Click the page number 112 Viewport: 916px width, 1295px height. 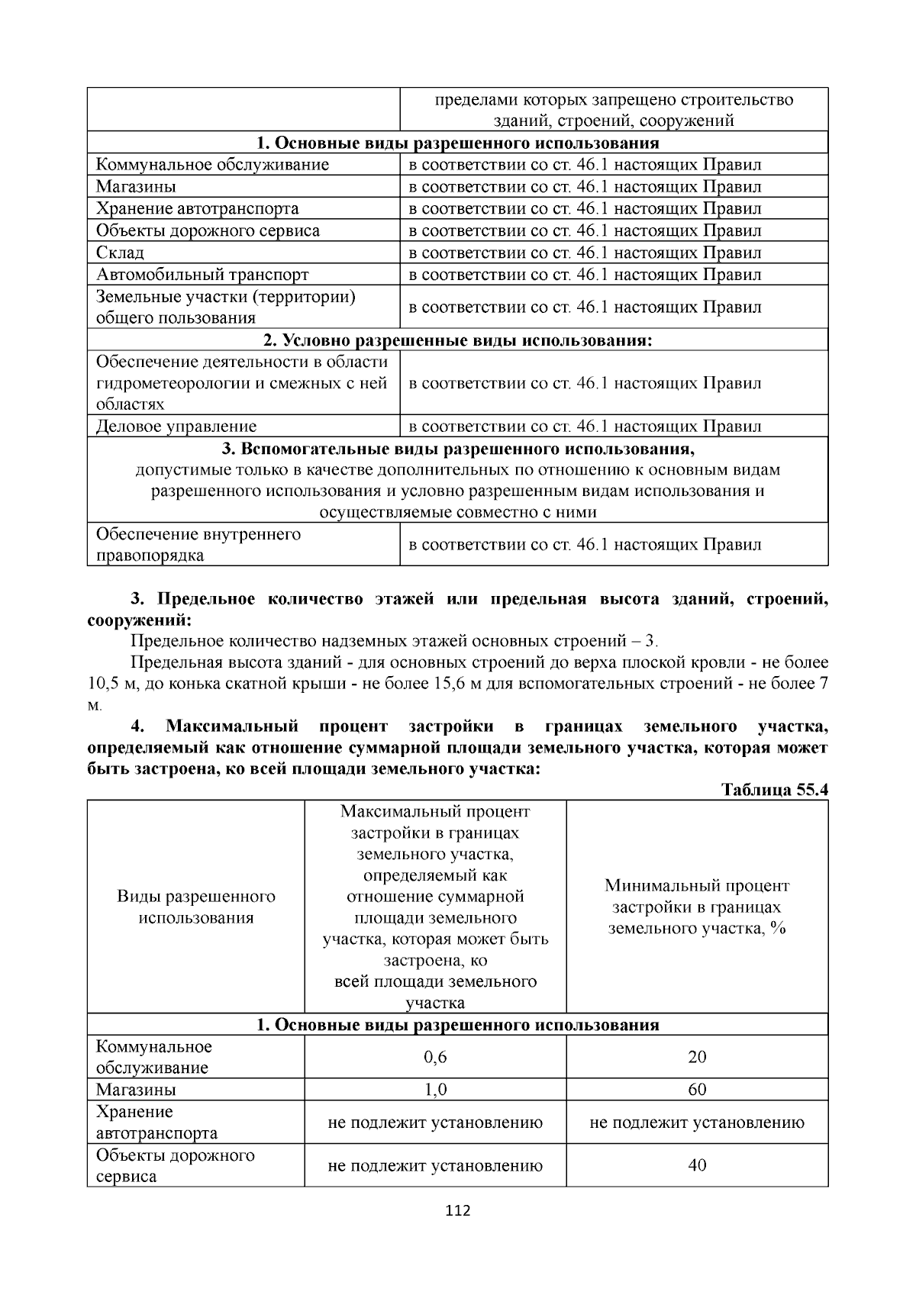[x=458, y=1210]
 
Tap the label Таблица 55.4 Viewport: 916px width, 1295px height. [x=774, y=790]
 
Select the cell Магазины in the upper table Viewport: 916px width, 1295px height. [x=136, y=187]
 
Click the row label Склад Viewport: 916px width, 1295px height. [x=120, y=253]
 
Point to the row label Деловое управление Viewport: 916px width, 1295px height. [x=176, y=427]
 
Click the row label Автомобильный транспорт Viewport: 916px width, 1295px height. [x=202, y=275]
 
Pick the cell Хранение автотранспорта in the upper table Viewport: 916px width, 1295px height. [x=197, y=209]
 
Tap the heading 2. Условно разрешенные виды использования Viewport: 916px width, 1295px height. [x=458, y=340]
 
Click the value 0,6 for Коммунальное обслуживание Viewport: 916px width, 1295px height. [x=435, y=1057]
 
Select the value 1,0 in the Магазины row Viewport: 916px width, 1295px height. [x=435, y=1090]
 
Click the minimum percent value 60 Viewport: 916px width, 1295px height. [x=697, y=1090]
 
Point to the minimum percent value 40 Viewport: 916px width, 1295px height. [x=697, y=1165]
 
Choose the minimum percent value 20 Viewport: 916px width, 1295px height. [x=697, y=1057]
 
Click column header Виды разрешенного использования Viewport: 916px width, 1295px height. [x=196, y=907]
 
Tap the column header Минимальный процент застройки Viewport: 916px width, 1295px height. [x=697, y=907]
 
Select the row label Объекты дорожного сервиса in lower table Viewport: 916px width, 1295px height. [x=175, y=1165]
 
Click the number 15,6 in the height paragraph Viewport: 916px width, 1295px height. [x=449, y=684]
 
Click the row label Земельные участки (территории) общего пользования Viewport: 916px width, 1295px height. [x=225, y=308]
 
